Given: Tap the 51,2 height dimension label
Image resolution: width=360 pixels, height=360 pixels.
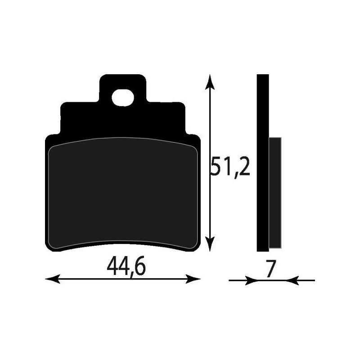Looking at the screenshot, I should coord(230,168).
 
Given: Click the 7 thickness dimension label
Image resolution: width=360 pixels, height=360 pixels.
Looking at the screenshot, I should coord(270,269).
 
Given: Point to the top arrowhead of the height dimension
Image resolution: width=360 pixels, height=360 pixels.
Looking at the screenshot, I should coord(209,81).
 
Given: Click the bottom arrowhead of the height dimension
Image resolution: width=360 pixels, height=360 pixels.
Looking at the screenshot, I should coord(209,246).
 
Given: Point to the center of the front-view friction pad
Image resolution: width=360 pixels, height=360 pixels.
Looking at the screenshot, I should coord(122,193).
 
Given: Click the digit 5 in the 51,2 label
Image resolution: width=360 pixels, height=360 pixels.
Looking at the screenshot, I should coord(218,168).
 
